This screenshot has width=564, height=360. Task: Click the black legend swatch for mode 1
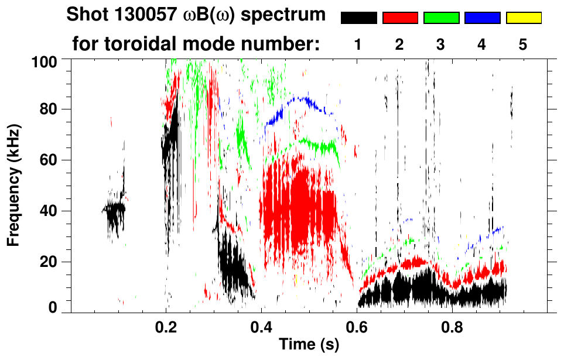(358, 18)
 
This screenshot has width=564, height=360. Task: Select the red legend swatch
(400, 18)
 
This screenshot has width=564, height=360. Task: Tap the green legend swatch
(441, 18)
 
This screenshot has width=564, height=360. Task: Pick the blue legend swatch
(482, 18)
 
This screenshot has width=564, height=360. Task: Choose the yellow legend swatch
(523, 18)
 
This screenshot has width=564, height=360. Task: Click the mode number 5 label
(523, 45)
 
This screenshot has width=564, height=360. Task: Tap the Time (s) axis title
(309, 345)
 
